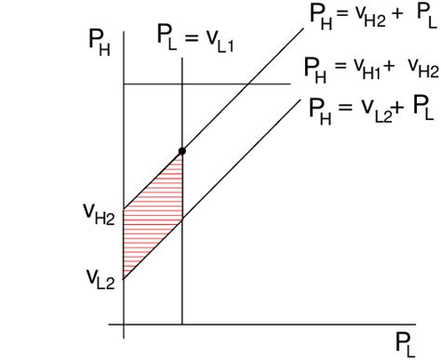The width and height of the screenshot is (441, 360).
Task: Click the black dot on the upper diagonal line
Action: click(x=181, y=150)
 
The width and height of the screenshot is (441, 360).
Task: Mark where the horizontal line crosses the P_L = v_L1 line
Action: click(x=181, y=85)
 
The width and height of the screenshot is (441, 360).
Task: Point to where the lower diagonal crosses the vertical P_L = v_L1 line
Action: click(x=181, y=219)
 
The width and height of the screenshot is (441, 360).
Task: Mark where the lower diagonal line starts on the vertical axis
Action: click(x=124, y=277)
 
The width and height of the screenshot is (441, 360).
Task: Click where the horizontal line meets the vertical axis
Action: click(x=124, y=85)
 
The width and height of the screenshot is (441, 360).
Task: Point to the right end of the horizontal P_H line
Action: click(x=290, y=85)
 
